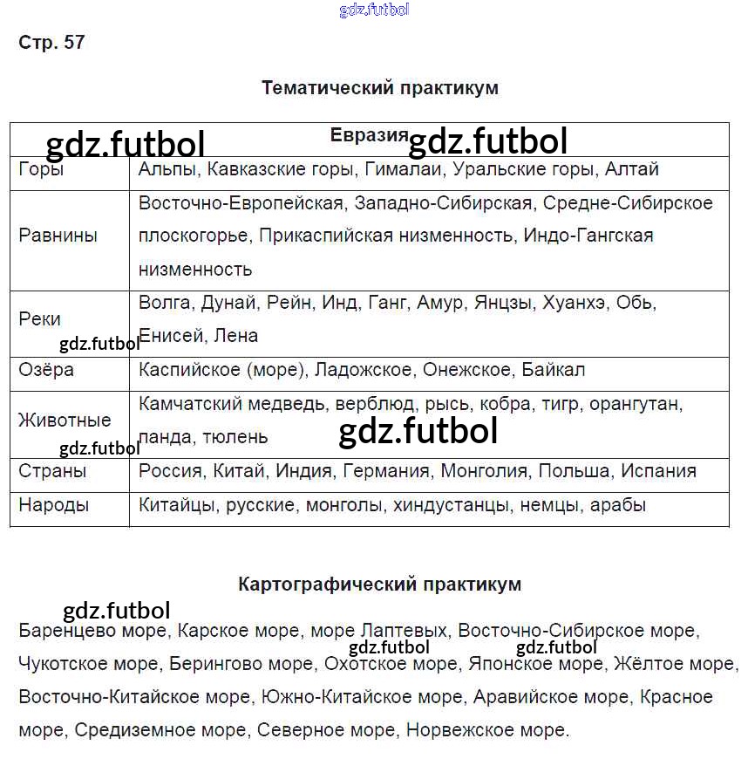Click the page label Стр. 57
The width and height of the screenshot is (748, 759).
[x=51, y=42]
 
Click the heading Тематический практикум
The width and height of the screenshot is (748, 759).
[x=379, y=88]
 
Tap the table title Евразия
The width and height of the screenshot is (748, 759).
[x=369, y=135]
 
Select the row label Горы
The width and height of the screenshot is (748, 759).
[x=41, y=169]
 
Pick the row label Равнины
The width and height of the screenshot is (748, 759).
[x=58, y=236]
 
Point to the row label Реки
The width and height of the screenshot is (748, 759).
[x=39, y=319]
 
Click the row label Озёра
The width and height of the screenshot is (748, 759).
[x=46, y=370]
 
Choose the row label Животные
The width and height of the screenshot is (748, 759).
[x=65, y=421]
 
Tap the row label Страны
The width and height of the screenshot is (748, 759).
[x=52, y=471]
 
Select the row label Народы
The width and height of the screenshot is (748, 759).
[x=53, y=505]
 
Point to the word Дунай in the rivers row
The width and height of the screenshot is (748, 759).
[x=228, y=303]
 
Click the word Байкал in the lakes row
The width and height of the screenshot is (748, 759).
[x=554, y=370]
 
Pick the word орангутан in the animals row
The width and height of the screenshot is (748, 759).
[x=636, y=404]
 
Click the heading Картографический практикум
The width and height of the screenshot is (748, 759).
[x=379, y=585]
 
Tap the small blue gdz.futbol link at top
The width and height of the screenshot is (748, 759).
[x=373, y=10]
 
